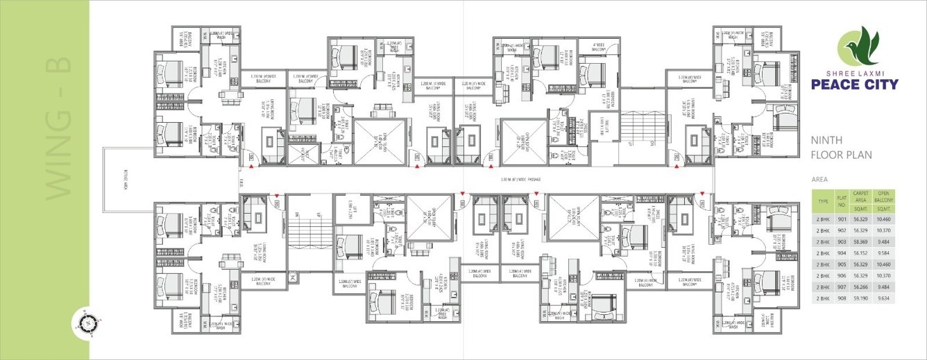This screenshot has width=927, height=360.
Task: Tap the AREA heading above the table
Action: click(x=820, y=179)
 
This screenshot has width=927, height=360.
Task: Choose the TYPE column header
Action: click(x=824, y=202)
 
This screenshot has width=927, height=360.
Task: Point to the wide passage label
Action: click(x=520, y=180)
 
